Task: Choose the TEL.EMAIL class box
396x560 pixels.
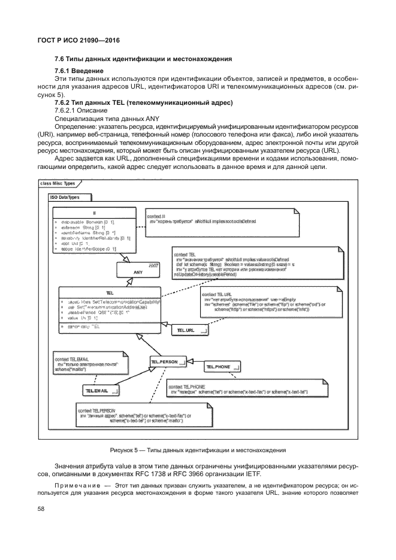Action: (x=101, y=391)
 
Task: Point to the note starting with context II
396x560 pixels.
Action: (x=222, y=222)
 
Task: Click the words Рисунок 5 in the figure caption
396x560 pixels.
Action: (x=124, y=449)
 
